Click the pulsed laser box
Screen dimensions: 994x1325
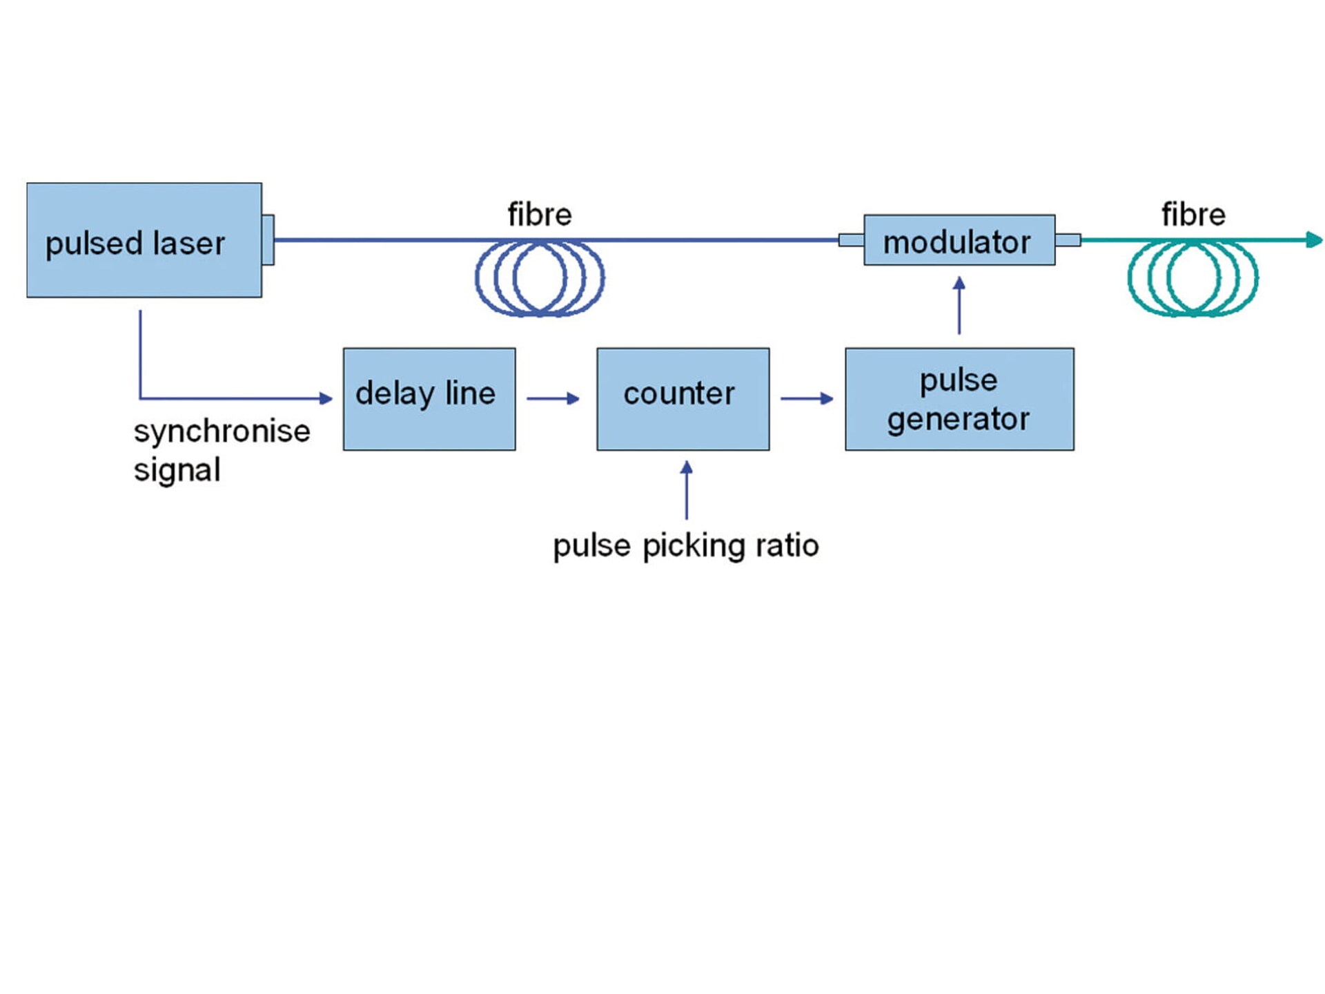coord(144,240)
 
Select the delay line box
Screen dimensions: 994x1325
coord(429,399)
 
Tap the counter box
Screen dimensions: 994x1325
coord(683,399)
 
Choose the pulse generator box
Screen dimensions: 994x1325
coord(959,399)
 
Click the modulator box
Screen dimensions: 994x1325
coord(959,240)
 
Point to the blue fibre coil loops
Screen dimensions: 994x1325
coord(540,278)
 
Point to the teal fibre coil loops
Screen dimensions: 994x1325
coord(1192,278)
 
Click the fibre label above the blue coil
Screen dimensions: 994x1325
coord(540,215)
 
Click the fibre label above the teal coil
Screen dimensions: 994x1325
coord(1193,215)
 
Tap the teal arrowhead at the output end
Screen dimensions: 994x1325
coord(1315,240)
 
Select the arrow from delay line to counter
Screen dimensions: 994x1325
coord(553,398)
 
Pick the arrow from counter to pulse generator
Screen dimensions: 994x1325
coord(807,398)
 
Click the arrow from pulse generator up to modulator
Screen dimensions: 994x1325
coord(959,305)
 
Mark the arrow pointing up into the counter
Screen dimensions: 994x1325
coord(686,490)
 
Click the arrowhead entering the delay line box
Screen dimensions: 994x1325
coord(326,398)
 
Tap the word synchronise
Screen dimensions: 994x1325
coord(222,431)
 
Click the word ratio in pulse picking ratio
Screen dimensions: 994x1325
coord(787,545)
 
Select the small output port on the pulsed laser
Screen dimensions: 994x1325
coord(268,240)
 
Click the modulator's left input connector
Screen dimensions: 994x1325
coord(851,240)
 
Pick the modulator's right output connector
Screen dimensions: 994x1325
coord(1068,240)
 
